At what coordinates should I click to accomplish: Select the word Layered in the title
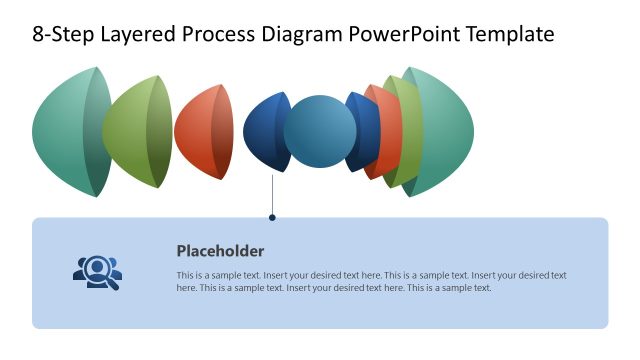139,35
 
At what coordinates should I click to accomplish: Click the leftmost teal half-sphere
65,132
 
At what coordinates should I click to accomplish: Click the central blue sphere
320,132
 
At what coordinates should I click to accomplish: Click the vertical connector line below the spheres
272,195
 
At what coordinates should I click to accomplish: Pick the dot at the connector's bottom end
272,216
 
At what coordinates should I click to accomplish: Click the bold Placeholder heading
220,251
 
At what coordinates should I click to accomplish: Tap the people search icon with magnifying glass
97,272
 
